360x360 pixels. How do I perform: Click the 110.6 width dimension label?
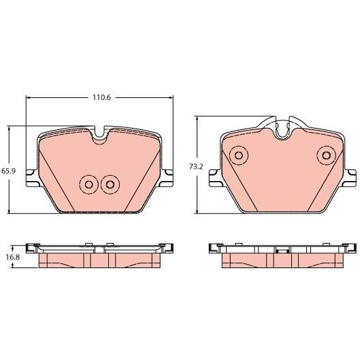(x=101, y=97)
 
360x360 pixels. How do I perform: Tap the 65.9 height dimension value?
(x=8, y=171)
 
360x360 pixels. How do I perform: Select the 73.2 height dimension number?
(x=196, y=167)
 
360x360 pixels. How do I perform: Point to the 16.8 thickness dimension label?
(x=13, y=257)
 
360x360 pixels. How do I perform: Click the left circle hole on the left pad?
(x=89, y=184)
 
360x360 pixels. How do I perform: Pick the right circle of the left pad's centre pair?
(x=110, y=184)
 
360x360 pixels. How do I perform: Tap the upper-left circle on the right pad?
(x=239, y=155)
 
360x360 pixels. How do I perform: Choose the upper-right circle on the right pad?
(x=326, y=155)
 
